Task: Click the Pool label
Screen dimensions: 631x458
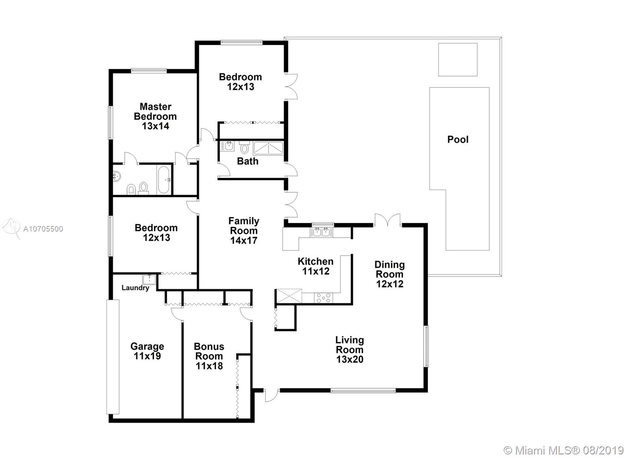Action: click(458, 139)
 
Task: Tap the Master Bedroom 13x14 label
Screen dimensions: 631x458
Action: click(155, 116)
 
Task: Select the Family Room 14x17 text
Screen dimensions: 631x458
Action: click(244, 231)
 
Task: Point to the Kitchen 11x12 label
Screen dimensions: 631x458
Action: click(315, 266)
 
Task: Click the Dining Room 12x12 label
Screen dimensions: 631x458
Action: click(390, 274)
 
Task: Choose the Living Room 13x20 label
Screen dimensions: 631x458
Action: click(349, 350)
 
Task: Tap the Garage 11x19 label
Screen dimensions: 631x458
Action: click(147, 351)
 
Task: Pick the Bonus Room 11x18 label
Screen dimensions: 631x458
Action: click(209, 356)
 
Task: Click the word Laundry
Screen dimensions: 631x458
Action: click(135, 288)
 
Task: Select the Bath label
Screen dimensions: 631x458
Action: click(248, 161)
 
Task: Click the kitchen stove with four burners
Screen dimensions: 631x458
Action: click(323, 298)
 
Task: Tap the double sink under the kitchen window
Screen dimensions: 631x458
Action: click(321, 232)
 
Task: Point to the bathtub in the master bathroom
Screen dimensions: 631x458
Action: click(164, 180)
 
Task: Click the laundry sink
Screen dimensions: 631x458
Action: click(149, 280)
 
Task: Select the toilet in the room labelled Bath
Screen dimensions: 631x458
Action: click(245, 147)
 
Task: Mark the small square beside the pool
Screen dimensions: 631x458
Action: click(458, 59)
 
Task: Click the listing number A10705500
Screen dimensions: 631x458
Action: click(43, 229)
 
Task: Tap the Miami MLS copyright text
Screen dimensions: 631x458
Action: click(564, 451)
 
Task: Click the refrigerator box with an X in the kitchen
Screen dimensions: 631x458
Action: click(289, 296)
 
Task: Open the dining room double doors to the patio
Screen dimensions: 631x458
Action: click(387, 220)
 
